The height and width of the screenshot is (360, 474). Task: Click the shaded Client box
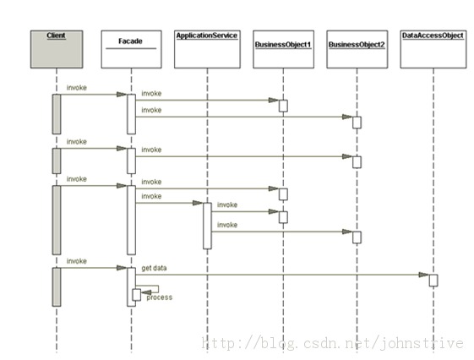[57, 49]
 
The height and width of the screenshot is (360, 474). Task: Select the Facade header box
[131, 49]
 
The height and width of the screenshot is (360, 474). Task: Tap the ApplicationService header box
[207, 49]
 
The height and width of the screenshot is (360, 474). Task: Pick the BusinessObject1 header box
[283, 49]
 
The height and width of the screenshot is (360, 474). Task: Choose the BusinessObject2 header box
[357, 49]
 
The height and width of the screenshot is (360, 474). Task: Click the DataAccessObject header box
[433, 49]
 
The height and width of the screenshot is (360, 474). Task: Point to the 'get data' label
[154, 268]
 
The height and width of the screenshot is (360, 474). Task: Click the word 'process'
[160, 297]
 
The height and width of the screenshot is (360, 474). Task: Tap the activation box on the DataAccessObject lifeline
[433, 281]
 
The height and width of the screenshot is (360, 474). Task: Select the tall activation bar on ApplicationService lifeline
[207, 226]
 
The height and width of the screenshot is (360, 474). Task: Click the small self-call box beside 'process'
[137, 295]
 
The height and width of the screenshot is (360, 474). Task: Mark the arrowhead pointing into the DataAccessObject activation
[424, 275]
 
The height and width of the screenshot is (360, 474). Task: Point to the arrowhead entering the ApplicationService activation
[198, 203]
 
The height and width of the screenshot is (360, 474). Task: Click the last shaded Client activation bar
[57, 286]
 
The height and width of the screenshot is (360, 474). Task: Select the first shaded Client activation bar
[57, 114]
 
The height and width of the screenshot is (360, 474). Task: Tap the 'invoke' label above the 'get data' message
[77, 261]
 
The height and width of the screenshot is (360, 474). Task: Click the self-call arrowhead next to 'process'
[146, 292]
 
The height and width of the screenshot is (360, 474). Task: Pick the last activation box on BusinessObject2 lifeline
[357, 237]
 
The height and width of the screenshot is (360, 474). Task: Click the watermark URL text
[332, 343]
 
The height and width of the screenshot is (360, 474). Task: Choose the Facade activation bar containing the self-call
[130, 286]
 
